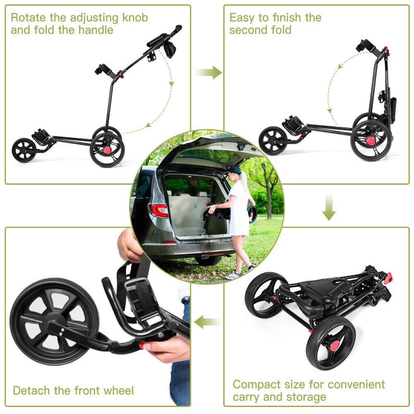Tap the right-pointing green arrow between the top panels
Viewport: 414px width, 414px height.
pos(208,72)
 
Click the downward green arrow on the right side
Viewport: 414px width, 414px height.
pos(329,207)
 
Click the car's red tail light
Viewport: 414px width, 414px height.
pos(159,210)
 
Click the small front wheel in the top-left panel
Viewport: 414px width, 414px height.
pos(24,150)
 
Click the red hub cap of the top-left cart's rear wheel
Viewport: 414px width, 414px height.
pos(107,150)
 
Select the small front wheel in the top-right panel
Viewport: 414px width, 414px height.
pos(273,141)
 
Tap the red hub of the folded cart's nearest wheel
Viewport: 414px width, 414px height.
pos(335,345)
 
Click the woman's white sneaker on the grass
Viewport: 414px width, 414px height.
pos(233,275)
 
